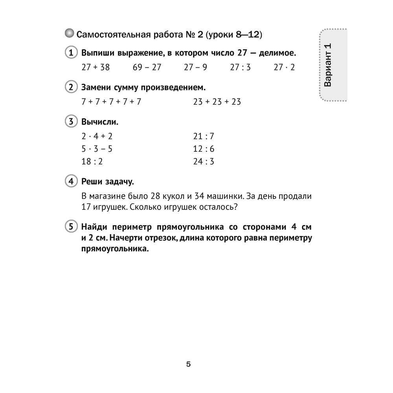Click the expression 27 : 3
[x=240, y=67]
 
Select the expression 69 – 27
[x=147, y=67]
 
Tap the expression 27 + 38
[x=95, y=67]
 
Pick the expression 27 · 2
[x=284, y=67]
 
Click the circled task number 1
[x=70, y=53]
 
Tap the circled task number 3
[x=70, y=121]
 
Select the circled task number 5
[x=70, y=227]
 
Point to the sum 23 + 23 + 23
[x=217, y=102]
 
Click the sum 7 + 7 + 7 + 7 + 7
[x=111, y=102]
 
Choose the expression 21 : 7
[x=204, y=136]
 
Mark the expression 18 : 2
[x=92, y=162]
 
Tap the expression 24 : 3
[x=204, y=162]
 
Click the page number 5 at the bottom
[x=188, y=364]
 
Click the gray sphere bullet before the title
[x=69, y=34]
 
